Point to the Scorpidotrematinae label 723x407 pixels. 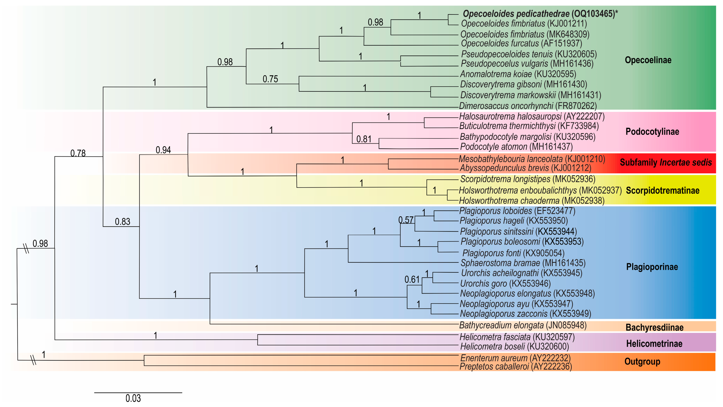[x=663, y=191]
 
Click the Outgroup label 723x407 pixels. [x=642, y=362]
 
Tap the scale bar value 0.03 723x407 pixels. [x=133, y=398]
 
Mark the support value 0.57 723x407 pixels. [x=406, y=220]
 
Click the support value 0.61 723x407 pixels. [x=412, y=280]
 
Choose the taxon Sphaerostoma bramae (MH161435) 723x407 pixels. [x=523, y=263]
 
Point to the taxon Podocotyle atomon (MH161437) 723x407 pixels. [x=516, y=146]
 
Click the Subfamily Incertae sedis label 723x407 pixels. [x=666, y=163]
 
